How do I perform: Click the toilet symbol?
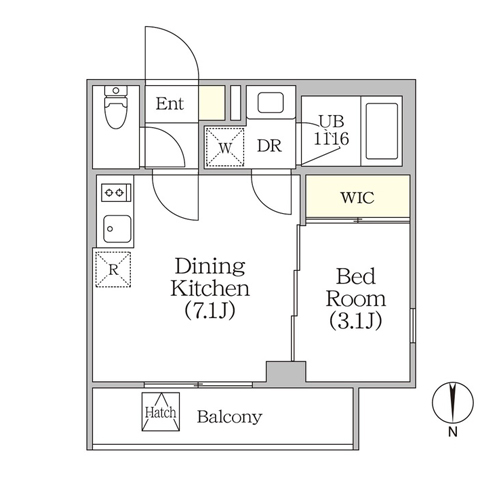click(x=116, y=107)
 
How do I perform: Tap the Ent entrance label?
click(x=170, y=104)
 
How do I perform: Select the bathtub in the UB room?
click(x=382, y=131)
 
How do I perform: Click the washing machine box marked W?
click(x=225, y=147)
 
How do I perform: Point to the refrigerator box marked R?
click(x=113, y=269)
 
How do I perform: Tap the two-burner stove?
click(x=116, y=192)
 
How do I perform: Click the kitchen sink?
click(x=117, y=229)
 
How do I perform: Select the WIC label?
click(x=357, y=197)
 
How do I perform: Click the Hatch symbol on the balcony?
click(x=161, y=412)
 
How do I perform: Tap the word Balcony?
click(x=230, y=417)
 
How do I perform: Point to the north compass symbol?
click(x=453, y=403)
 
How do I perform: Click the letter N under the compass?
click(x=453, y=432)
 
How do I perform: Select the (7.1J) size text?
click(x=210, y=310)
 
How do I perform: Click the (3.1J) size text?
click(x=356, y=321)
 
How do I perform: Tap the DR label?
click(x=269, y=146)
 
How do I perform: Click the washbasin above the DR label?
click(x=271, y=103)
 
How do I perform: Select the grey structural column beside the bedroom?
click(x=286, y=372)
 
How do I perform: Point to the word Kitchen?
click(x=210, y=289)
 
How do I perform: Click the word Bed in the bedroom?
click(x=356, y=276)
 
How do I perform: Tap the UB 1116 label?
click(x=332, y=130)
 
